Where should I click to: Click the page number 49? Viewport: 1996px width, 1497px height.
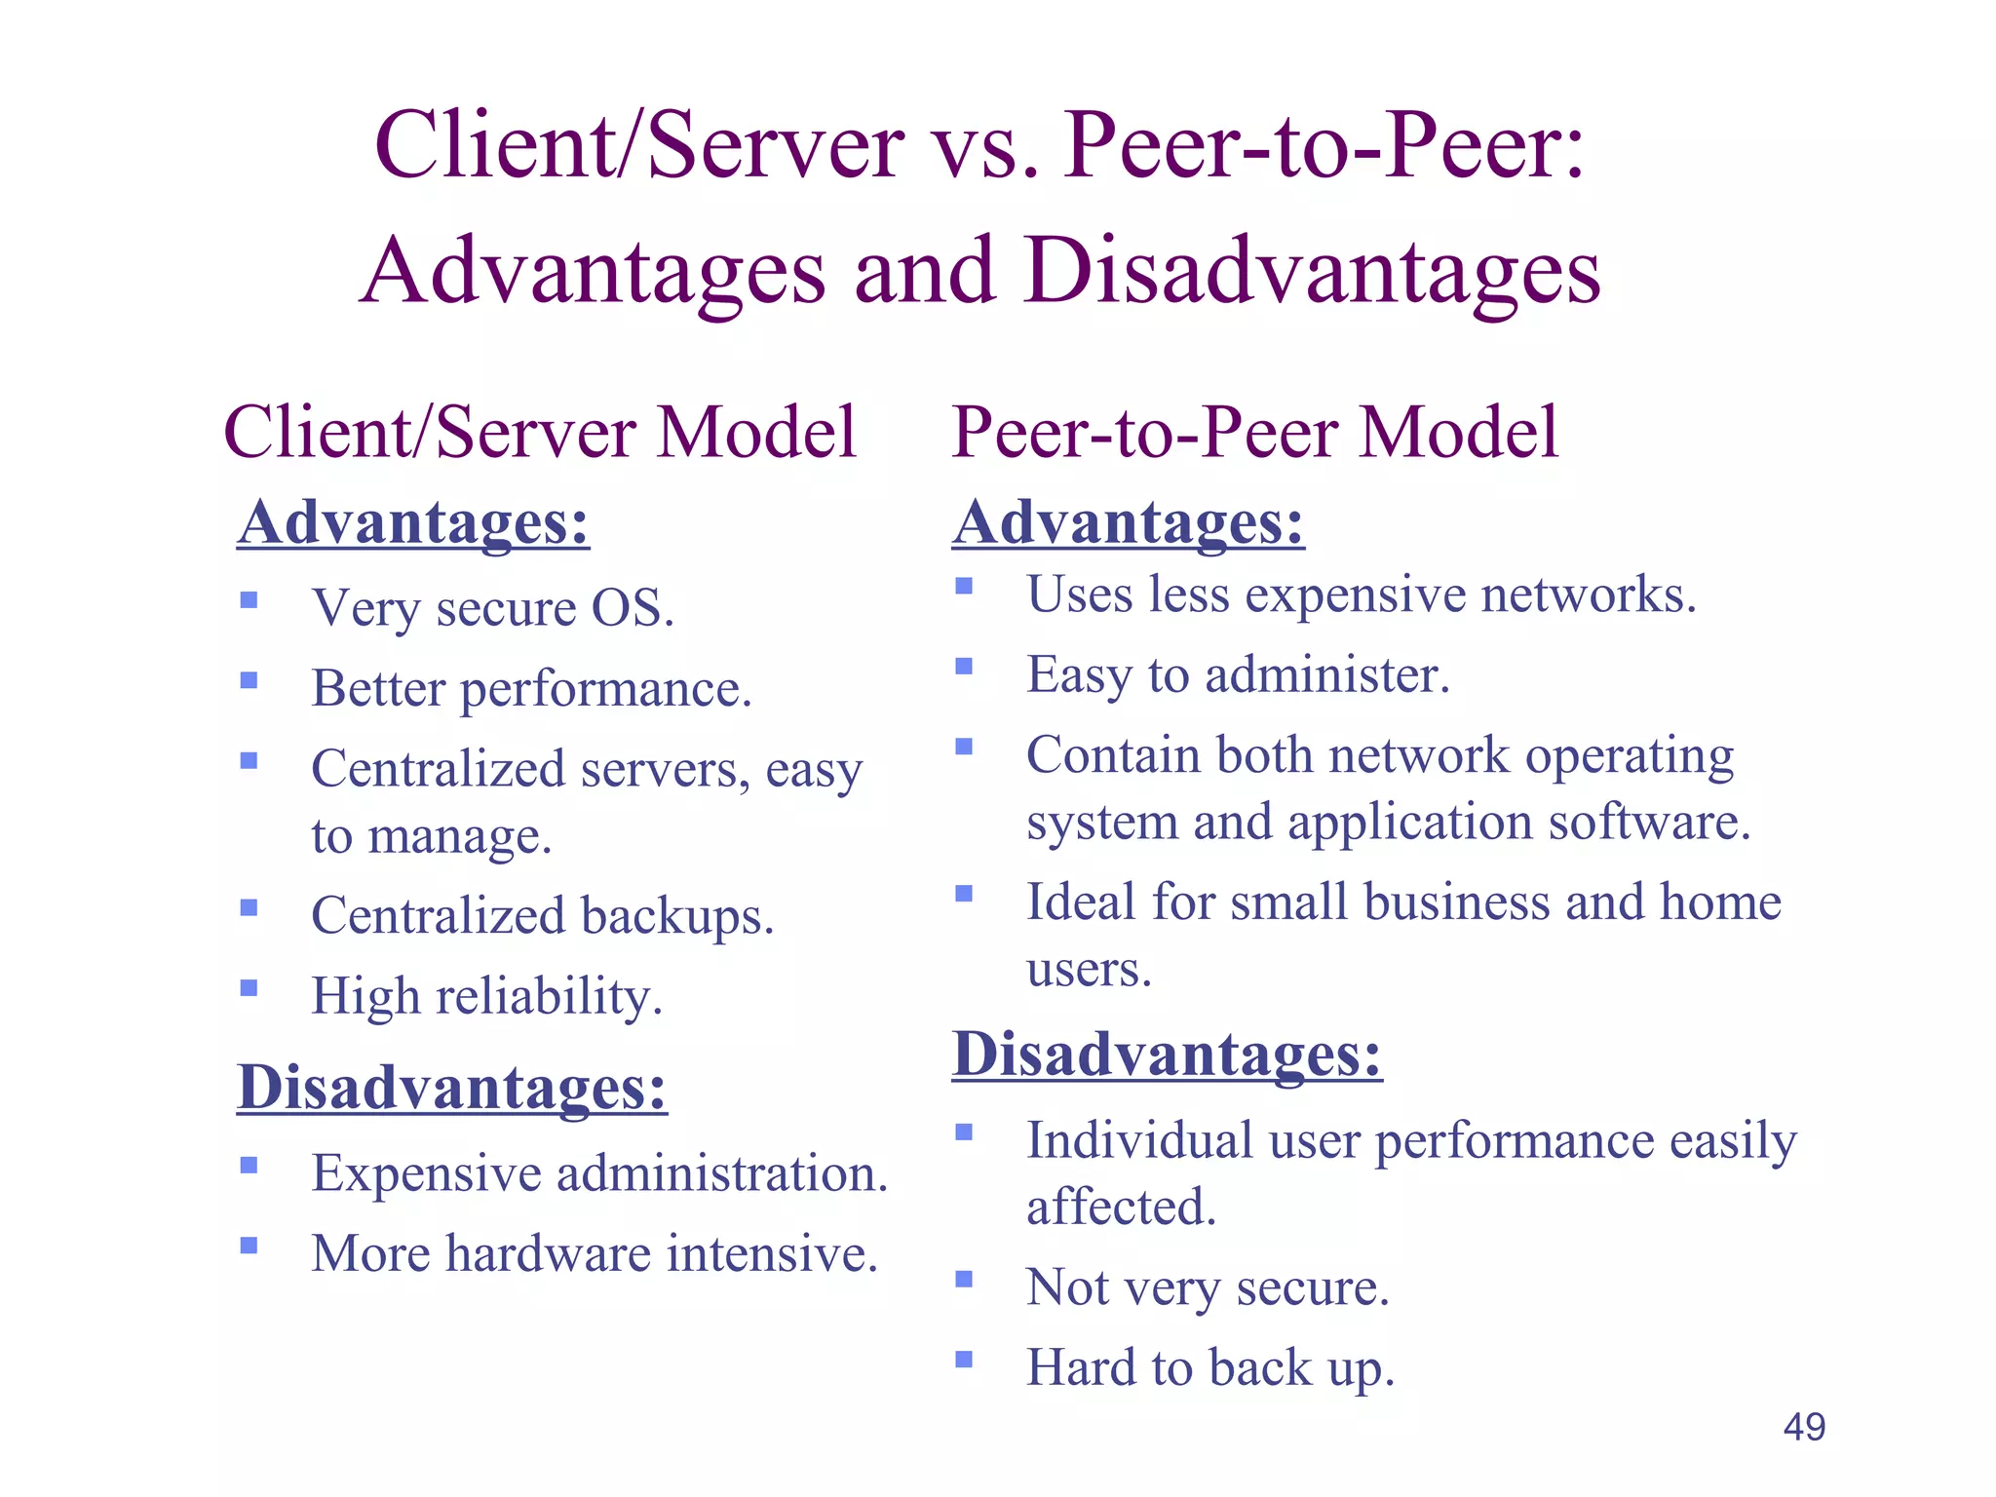tap(1804, 1427)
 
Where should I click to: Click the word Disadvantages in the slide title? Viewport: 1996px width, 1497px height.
tap(1312, 270)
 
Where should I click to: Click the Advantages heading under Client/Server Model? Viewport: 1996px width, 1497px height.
tap(413, 522)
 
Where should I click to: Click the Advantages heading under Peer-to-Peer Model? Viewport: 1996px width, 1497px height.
tap(1128, 522)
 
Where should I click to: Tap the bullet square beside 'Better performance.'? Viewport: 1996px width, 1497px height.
tap(249, 680)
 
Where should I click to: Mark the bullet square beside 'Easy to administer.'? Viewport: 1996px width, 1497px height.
tap(964, 667)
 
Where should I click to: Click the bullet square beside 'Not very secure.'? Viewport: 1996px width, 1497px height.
tap(964, 1279)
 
